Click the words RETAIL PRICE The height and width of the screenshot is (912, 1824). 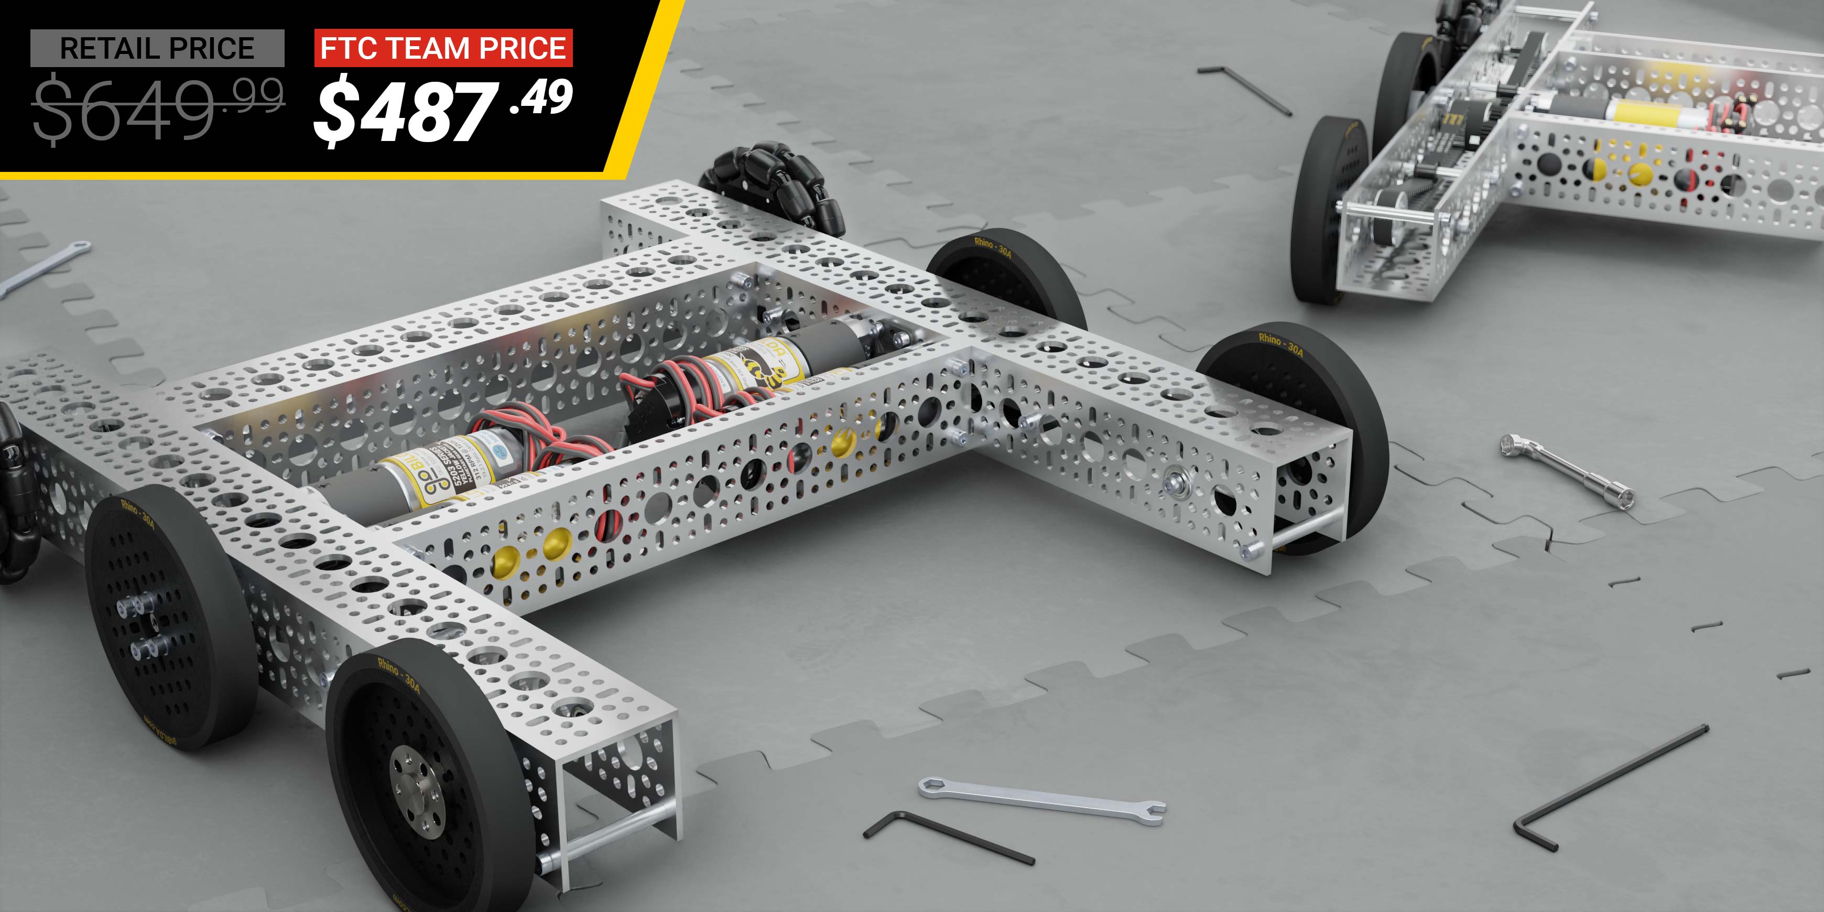[x=157, y=48]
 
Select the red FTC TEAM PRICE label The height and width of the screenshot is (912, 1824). [x=443, y=48]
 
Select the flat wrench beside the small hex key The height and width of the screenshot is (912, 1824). [x=1041, y=800]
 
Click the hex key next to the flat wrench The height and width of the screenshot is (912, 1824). [x=945, y=835]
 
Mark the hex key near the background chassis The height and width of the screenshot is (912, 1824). [x=1245, y=89]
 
